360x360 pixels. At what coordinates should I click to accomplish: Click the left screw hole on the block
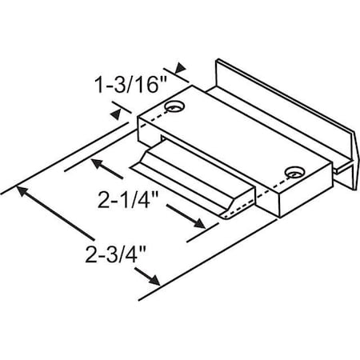click(173, 105)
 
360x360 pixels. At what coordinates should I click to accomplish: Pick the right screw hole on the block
click(295, 170)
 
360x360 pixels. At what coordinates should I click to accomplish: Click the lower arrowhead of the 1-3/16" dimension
click(118, 116)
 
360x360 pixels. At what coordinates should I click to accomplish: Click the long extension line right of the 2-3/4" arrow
click(240, 248)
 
